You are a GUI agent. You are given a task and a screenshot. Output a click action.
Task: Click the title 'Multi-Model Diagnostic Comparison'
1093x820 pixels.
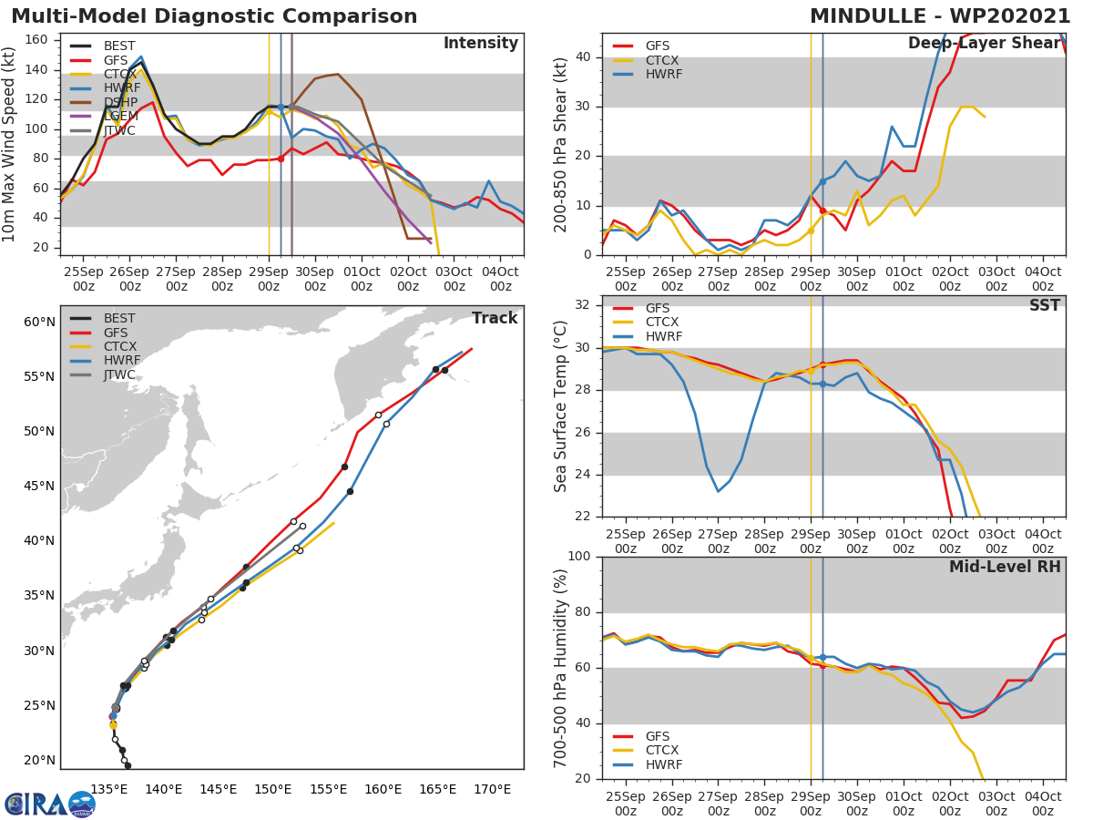[214, 16]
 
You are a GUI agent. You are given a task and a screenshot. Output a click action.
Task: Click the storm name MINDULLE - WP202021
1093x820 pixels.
[940, 16]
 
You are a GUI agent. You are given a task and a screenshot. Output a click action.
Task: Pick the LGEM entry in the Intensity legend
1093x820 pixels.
[120, 116]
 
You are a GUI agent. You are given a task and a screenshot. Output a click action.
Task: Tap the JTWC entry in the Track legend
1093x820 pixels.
[119, 374]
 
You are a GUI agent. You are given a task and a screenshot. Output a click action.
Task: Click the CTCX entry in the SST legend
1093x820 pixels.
[662, 322]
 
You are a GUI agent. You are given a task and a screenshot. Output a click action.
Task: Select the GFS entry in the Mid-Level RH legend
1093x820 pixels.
[661, 736]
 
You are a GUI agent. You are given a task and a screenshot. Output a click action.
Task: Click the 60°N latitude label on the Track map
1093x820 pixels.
[39, 322]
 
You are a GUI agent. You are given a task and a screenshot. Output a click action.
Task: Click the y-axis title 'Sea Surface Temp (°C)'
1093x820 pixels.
[561, 406]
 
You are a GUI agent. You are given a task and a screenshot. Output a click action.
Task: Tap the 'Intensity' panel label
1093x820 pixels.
[480, 44]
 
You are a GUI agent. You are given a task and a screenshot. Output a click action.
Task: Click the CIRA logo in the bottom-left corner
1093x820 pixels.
[49, 804]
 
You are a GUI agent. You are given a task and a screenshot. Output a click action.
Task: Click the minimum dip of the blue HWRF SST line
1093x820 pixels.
[718, 492]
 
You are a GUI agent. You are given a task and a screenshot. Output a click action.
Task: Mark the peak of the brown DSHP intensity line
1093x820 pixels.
[338, 75]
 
